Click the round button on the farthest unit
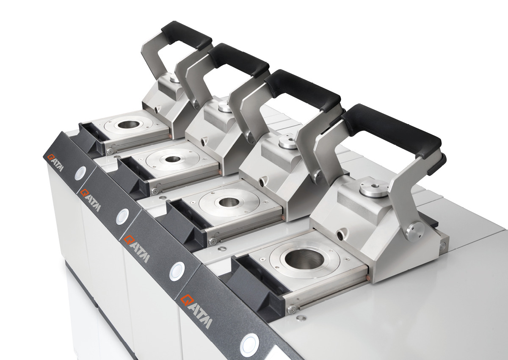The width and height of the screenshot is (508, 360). point(80,172)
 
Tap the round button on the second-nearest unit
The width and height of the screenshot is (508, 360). point(177,270)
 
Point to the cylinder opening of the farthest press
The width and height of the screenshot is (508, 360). point(128,125)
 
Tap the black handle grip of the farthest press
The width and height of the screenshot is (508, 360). point(186,33)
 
